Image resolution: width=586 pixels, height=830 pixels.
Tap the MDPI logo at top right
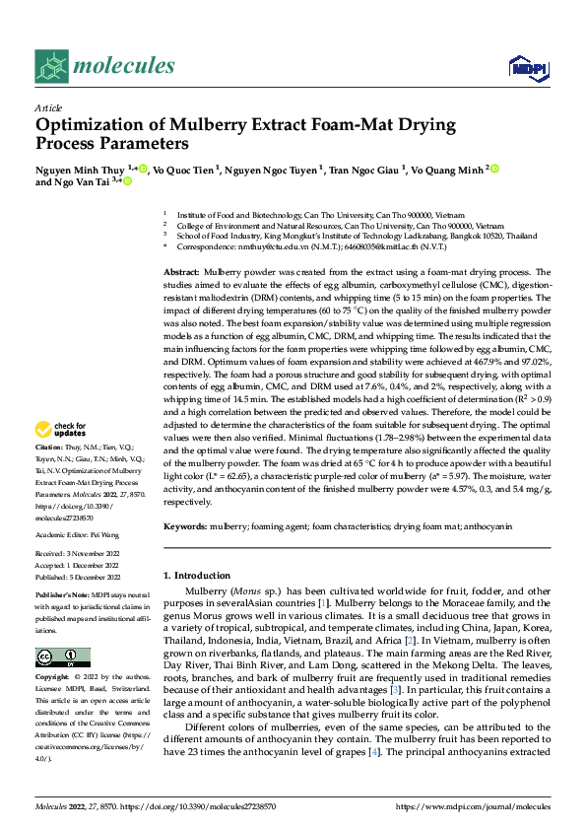point(524,67)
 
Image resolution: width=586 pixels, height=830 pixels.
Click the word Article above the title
point(48,107)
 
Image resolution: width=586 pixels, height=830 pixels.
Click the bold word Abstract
point(181,270)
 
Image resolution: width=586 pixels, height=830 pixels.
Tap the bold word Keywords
point(185,527)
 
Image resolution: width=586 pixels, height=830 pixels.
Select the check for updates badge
point(60,429)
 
